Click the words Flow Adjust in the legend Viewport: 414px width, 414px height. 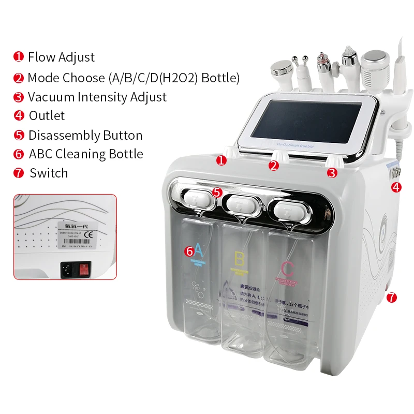pyautogui.click(x=61, y=57)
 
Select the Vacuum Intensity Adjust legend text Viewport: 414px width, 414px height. pyautogui.click(x=97, y=97)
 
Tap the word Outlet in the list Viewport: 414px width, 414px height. pyautogui.click(x=47, y=116)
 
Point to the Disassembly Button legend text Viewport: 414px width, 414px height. pyautogui.click(x=85, y=136)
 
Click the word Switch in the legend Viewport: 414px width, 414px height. pyautogui.click(x=49, y=173)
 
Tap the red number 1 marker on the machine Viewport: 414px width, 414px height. pyautogui.click(x=221, y=160)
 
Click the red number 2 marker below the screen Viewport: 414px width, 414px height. pyautogui.click(x=274, y=166)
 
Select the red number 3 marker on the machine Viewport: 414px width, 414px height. pyautogui.click(x=332, y=173)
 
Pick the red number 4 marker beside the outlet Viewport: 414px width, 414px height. pyautogui.click(x=396, y=187)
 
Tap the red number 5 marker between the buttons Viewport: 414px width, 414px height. pyautogui.click(x=217, y=192)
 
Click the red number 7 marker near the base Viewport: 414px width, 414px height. pyautogui.click(x=392, y=297)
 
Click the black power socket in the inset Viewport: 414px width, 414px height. pyautogui.click(x=67, y=268)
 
